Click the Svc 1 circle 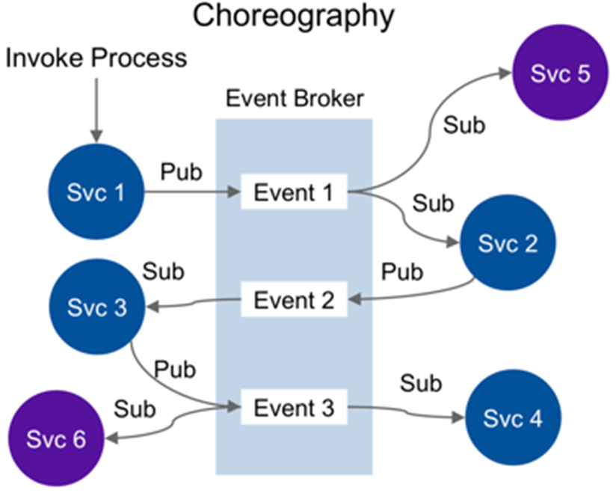tap(96, 192)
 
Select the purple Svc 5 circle tap(560, 73)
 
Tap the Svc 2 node tap(508, 242)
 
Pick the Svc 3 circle tap(97, 307)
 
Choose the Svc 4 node tap(513, 417)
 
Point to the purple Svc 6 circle tap(56, 438)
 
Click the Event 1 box tap(294, 192)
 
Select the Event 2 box tap(294, 299)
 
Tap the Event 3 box tap(294, 407)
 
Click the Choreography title tap(293, 17)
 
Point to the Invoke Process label tap(96, 58)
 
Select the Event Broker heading tap(295, 98)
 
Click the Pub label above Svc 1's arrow tap(181, 172)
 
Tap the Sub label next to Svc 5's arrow tap(464, 126)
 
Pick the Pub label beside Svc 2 tap(402, 272)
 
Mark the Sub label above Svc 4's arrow tap(421, 383)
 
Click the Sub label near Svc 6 tap(135, 409)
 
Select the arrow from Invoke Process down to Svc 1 tap(96, 110)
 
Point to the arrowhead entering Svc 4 tap(459, 417)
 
